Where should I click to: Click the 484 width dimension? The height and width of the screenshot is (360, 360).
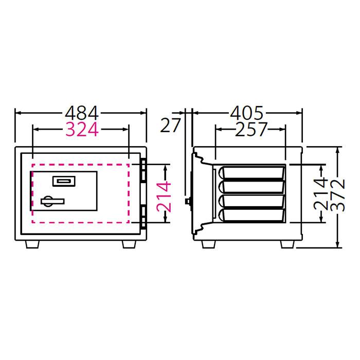pyautogui.click(x=81, y=113)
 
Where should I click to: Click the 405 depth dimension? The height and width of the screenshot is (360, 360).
pyautogui.click(x=246, y=113)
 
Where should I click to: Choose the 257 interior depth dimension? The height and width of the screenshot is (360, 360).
pyautogui.click(x=251, y=130)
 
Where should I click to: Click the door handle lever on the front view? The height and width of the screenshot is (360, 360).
pyautogui.click(x=52, y=201)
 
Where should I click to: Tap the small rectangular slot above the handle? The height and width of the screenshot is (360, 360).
pyautogui.click(x=64, y=181)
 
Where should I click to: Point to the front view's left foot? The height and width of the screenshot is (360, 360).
pyautogui.click(x=32, y=244)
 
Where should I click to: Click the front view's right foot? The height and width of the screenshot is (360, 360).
pyautogui.click(x=130, y=244)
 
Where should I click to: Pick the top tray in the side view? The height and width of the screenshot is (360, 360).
pyautogui.click(x=252, y=172)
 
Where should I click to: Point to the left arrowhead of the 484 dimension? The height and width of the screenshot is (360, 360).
pyautogui.click(x=17, y=113)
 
